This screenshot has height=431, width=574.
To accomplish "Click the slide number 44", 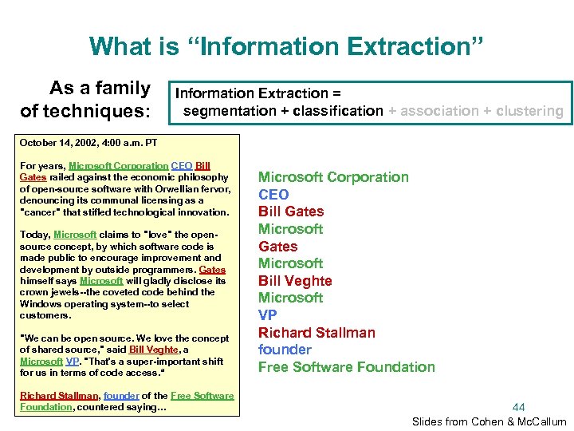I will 519,407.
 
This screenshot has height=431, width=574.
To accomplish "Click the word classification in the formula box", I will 338,111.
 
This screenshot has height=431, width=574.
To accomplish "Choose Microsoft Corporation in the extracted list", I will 333,176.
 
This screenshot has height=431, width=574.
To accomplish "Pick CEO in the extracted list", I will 273,194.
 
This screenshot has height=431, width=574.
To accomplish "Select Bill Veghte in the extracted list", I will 295,281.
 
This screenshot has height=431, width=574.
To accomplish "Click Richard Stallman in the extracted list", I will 316,333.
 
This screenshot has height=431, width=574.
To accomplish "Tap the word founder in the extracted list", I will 285,350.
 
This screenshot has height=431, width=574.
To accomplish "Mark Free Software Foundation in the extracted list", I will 347,367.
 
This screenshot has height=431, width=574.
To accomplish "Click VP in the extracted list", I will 268,315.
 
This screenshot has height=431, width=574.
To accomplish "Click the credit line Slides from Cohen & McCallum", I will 489,421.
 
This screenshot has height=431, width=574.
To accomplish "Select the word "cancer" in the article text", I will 37,212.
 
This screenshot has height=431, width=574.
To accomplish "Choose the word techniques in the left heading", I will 106,111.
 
